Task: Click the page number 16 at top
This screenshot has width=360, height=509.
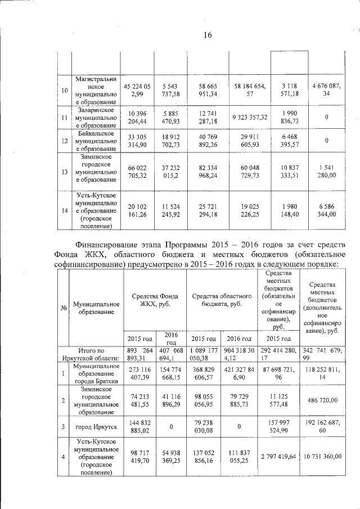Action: [x=207, y=35]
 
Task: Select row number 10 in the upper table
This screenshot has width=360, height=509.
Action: [x=64, y=90]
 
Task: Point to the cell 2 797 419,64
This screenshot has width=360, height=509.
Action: [x=278, y=457]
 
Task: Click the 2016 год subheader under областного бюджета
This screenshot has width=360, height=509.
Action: [x=238, y=339]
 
